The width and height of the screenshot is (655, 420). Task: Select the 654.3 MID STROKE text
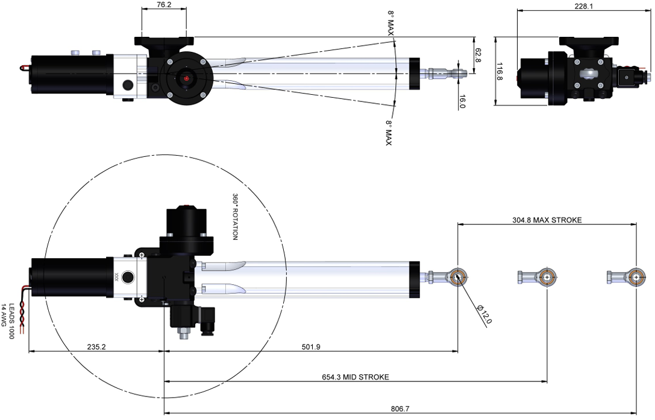pos(356,377)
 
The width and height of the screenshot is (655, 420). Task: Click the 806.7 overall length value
pos(400,409)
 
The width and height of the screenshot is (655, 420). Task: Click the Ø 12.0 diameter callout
pos(484,314)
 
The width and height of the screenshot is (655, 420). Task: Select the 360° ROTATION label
pos(236,217)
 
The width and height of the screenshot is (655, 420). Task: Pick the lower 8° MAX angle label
pos(389,133)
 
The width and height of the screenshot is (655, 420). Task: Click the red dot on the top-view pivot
pos(187,78)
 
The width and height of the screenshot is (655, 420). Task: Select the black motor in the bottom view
pos(69,276)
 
